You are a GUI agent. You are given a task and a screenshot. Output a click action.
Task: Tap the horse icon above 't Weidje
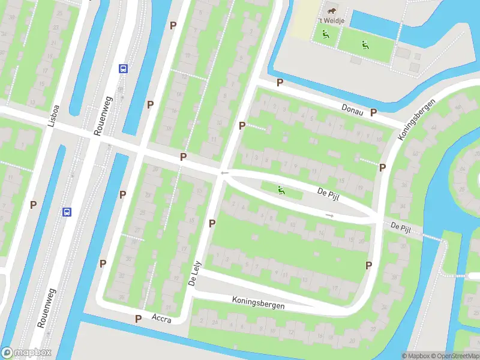(x=331, y=10)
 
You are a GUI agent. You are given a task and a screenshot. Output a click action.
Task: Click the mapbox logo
(x=26, y=353)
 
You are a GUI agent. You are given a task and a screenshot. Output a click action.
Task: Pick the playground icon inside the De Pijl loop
(x=281, y=191)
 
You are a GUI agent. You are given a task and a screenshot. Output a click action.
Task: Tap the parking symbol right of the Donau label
(x=373, y=112)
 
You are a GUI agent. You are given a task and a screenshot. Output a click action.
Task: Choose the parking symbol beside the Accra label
(x=139, y=319)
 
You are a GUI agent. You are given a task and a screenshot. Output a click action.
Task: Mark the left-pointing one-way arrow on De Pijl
(x=224, y=173)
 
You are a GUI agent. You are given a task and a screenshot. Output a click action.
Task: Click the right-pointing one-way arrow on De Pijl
(x=329, y=215)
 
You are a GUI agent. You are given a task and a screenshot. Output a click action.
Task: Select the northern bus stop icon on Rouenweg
(x=123, y=68)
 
